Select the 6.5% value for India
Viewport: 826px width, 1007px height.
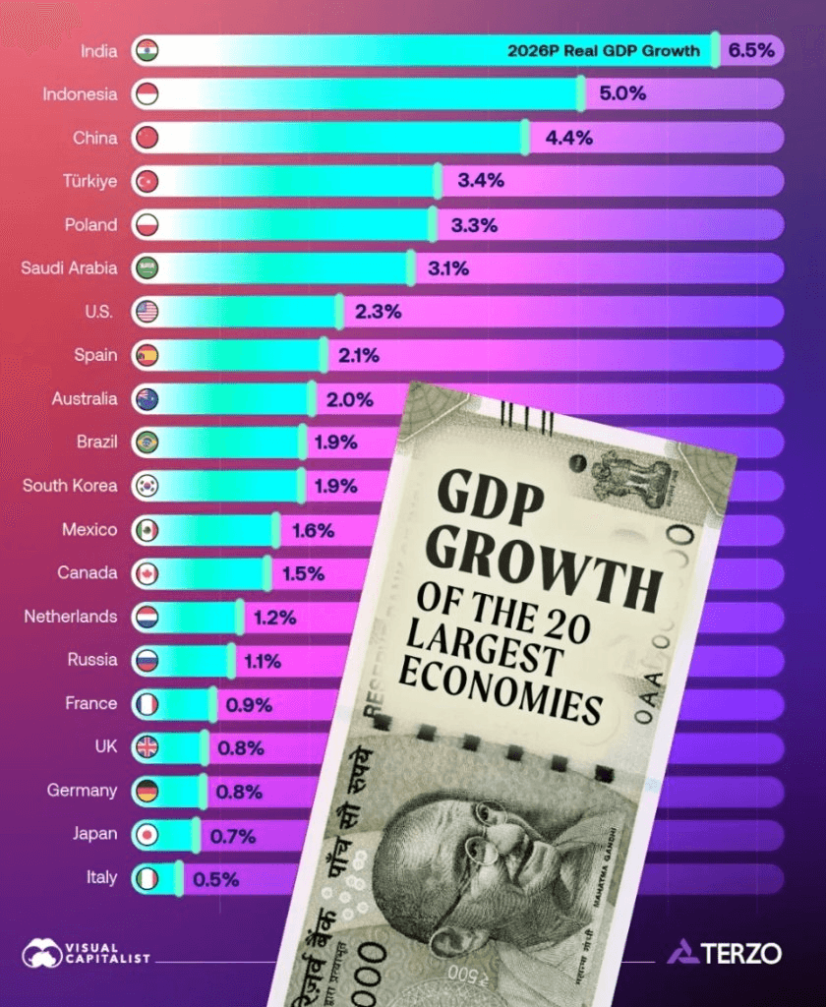tap(752, 51)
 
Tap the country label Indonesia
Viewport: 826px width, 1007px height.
tap(80, 94)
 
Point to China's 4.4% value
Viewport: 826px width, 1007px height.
tap(569, 138)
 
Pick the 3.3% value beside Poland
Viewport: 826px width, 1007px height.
tap(474, 225)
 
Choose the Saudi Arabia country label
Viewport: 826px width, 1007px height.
tap(69, 267)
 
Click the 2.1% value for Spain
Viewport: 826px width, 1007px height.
tap(359, 355)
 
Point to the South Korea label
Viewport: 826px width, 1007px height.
tap(70, 485)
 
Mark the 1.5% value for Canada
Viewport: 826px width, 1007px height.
tap(304, 573)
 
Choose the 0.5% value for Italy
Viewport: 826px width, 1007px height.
tap(216, 879)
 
